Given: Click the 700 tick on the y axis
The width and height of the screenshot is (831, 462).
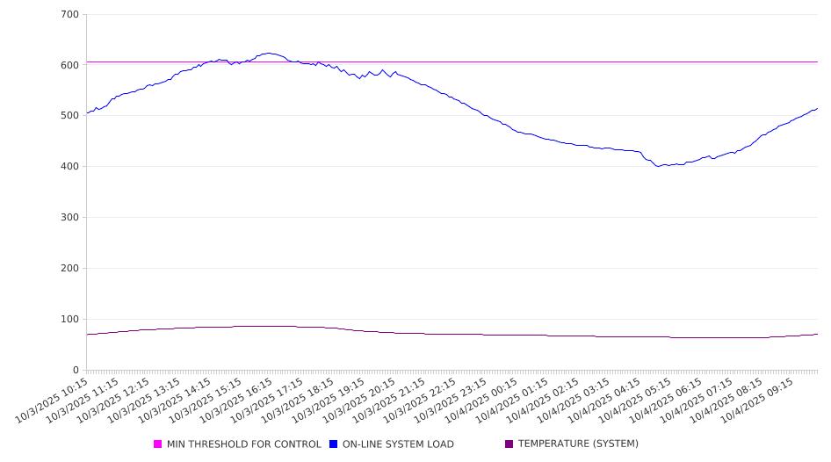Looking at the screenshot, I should pyautogui.click(x=70, y=14).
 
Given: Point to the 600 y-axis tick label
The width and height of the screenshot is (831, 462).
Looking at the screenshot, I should pyautogui.click(x=70, y=65).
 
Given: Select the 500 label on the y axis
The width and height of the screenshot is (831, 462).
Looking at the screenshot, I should pyautogui.click(x=70, y=116).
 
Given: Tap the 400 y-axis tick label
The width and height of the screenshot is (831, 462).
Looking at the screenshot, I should pyautogui.click(x=70, y=167).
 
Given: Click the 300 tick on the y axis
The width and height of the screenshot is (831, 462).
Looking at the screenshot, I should pyautogui.click(x=70, y=218).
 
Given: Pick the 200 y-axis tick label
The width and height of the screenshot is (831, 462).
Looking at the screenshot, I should pyautogui.click(x=70, y=269).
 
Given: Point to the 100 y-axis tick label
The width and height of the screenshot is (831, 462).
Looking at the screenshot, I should pyautogui.click(x=70, y=320).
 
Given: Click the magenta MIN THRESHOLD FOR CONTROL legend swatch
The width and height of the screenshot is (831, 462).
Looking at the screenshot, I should pyautogui.click(x=158, y=444).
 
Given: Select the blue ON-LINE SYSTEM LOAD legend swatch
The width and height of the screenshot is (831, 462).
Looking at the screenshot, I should pyautogui.click(x=334, y=444).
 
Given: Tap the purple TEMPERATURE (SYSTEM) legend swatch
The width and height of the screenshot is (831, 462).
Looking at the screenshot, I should pyautogui.click(x=509, y=444).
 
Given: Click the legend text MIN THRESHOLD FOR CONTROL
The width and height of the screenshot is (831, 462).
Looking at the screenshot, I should pyautogui.click(x=244, y=444).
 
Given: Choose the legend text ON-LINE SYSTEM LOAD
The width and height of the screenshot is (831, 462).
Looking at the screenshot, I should pyautogui.click(x=398, y=444).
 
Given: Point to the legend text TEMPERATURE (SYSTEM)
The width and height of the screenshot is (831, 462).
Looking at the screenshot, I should pyautogui.click(x=578, y=444).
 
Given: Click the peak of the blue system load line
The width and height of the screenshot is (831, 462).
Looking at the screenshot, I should pyautogui.click(x=269, y=53).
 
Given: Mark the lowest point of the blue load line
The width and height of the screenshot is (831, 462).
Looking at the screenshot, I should pyautogui.click(x=658, y=166).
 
